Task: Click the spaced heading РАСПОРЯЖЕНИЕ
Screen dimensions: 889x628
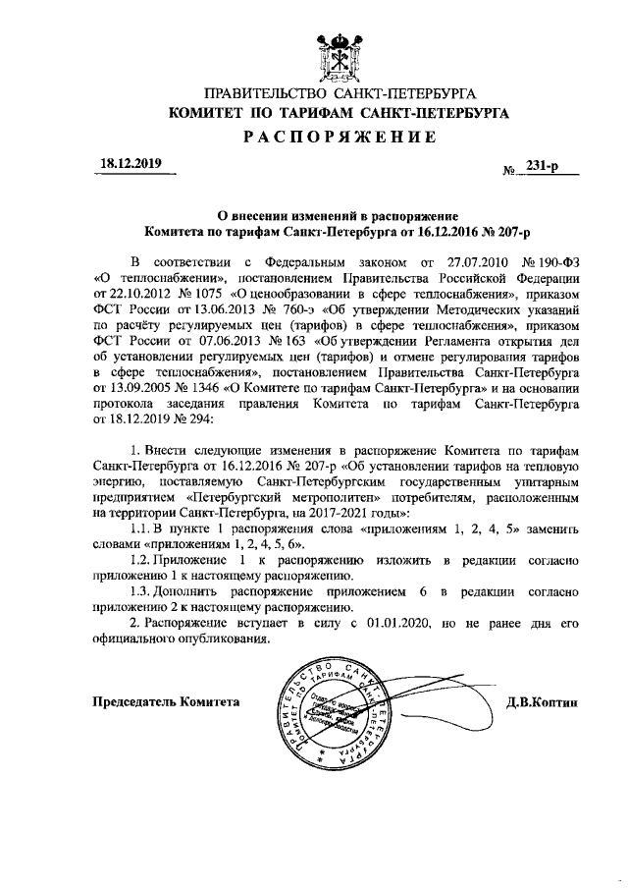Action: (x=340, y=138)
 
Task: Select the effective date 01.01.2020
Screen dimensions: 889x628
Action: (x=390, y=623)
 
